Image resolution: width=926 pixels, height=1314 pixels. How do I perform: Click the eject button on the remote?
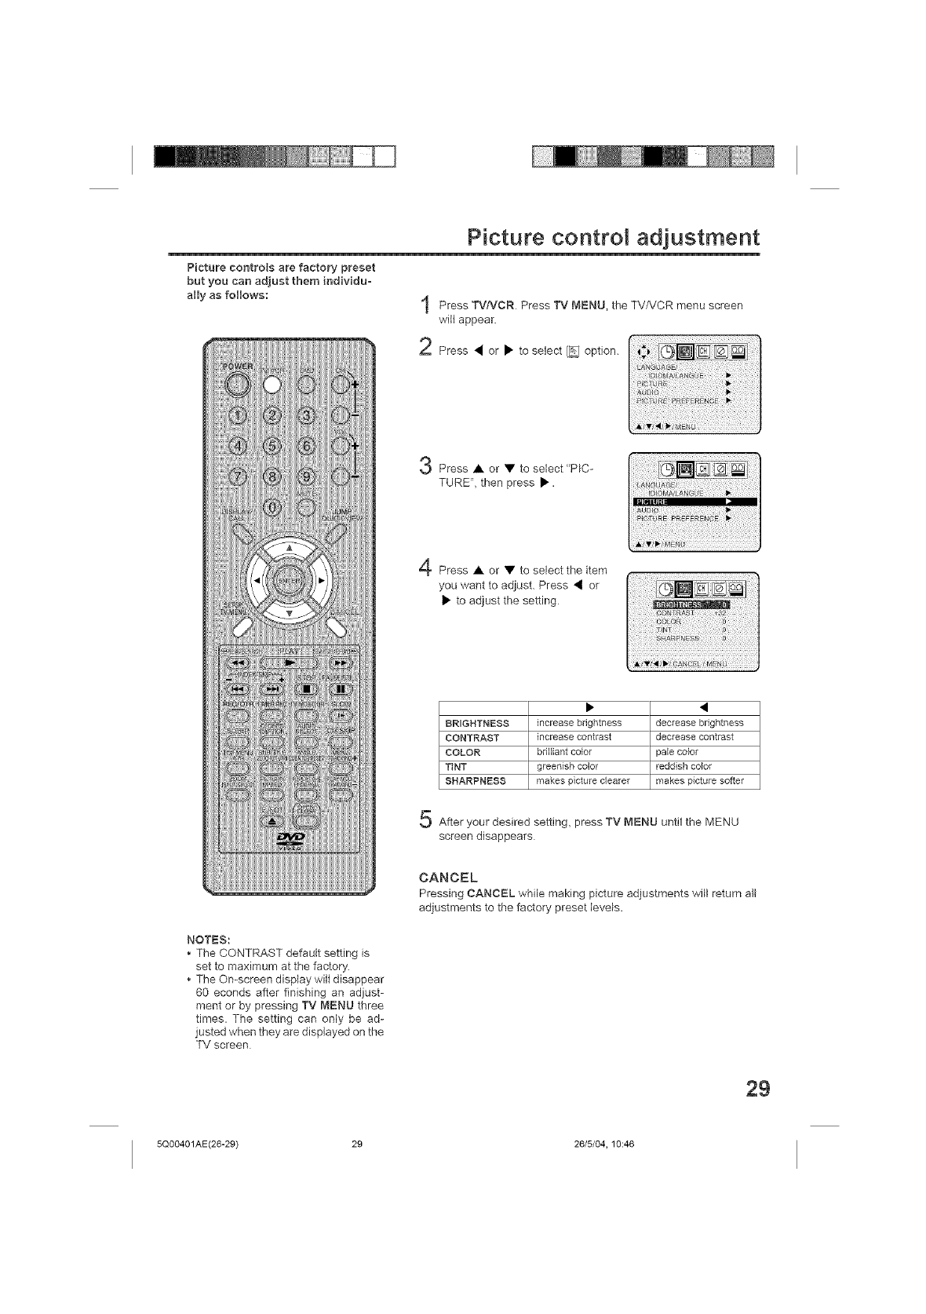(x=272, y=820)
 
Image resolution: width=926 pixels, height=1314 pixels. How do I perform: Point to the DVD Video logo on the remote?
(x=288, y=841)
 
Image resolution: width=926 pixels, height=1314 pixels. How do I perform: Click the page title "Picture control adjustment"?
(x=613, y=236)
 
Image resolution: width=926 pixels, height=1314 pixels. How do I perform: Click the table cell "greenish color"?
(x=567, y=766)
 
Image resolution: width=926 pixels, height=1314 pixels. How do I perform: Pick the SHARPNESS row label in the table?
(x=476, y=781)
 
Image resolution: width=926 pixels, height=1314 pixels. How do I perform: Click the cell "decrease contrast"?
(x=694, y=737)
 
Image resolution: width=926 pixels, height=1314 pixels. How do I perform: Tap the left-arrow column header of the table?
(x=704, y=709)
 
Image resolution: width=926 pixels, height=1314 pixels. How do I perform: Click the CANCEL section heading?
(x=448, y=878)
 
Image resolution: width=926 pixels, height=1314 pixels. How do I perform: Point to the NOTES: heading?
(x=208, y=939)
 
